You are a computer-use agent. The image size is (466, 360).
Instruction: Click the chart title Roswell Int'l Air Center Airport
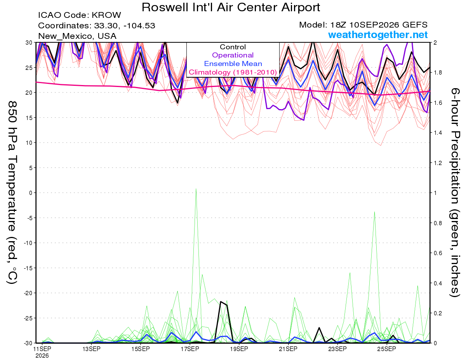coord(231,7)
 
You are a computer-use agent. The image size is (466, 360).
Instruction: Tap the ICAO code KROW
coord(106,15)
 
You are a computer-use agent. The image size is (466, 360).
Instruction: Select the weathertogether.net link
coord(378,35)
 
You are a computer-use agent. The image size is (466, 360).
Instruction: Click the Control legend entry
coord(233,47)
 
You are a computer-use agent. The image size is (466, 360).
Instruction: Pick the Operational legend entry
coord(233,55)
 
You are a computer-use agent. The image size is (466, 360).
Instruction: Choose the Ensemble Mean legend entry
coord(233,64)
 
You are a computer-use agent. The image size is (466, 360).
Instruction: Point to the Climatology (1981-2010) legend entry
coord(233,72)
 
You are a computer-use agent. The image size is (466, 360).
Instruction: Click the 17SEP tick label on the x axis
coord(190,349)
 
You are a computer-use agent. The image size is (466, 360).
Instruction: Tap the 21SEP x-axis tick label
coord(288,349)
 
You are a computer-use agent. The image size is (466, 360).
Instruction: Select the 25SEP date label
coord(386,349)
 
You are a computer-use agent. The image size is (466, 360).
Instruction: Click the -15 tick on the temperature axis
coord(28,268)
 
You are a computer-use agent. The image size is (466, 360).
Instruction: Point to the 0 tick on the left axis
coord(31,193)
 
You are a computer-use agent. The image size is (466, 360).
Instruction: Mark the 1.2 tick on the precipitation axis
coord(437,163)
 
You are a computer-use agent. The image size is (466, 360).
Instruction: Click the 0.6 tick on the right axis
coord(437,253)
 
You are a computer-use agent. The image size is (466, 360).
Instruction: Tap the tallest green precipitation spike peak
coord(196,189)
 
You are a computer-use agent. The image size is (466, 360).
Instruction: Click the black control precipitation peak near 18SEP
coord(221,302)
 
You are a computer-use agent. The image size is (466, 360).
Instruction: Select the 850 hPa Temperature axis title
coord(12,193)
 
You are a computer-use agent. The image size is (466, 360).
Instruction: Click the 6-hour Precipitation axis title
coord(455,192)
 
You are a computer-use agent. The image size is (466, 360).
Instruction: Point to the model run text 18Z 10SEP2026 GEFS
coord(379,25)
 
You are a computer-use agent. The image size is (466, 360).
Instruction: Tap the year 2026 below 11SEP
coord(42,356)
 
